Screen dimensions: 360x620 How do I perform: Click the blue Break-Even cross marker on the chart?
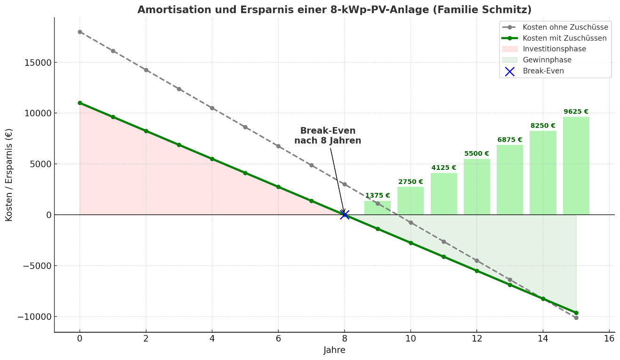click(x=345, y=215)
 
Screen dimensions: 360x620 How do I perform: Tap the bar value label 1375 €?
click(x=378, y=196)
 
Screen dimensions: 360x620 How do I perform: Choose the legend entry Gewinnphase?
click(x=547, y=60)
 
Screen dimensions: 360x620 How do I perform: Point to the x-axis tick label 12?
click(x=476, y=338)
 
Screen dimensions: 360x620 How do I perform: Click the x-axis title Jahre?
click(x=334, y=350)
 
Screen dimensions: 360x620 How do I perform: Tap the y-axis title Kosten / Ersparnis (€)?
click(x=9, y=175)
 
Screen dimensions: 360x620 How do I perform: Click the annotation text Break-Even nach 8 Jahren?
click(x=328, y=136)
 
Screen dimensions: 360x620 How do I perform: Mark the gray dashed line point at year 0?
click(x=80, y=32)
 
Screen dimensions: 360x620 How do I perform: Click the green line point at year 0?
click(x=80, y=103)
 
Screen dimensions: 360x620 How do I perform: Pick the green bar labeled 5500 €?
click(x=476, y=187)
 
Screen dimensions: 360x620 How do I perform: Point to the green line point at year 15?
click(x=576, y=312)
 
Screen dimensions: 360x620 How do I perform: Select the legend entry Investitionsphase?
click(x=554, y=49)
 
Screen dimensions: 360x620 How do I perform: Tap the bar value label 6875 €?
click(x=510, y=140)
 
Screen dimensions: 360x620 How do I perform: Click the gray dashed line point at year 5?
click(x=245, y=127)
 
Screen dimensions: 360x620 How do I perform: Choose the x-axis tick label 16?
click(x=609, y=338)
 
